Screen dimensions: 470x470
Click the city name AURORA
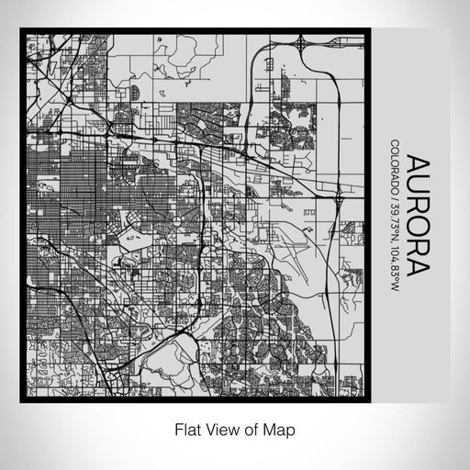point(417,215)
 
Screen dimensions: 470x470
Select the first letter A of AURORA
point(417,164)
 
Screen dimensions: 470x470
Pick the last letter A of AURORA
point(417,267)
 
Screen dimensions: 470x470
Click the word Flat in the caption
point(187,429)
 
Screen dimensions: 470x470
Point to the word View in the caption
point(223,429)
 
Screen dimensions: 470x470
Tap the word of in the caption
point(253,429)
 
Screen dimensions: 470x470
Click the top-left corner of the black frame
point(21,31)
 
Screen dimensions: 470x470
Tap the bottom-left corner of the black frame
point(21,401)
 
